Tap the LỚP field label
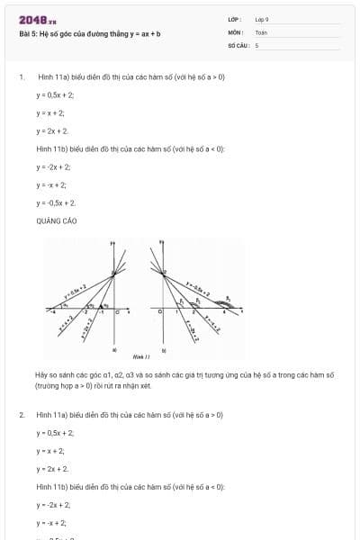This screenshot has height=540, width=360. pos(235,19)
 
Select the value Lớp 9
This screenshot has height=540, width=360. pos(261,19)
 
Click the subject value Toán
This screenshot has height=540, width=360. pos(261,31)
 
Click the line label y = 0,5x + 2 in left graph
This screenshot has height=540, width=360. pos(75,290)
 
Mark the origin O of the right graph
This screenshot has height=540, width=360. pos(159,312)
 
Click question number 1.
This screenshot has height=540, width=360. pos(21,76)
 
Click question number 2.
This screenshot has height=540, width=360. pos(21,415)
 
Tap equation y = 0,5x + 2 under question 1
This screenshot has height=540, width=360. pos(55,94)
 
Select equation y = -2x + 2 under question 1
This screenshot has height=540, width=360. pos(53,166)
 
